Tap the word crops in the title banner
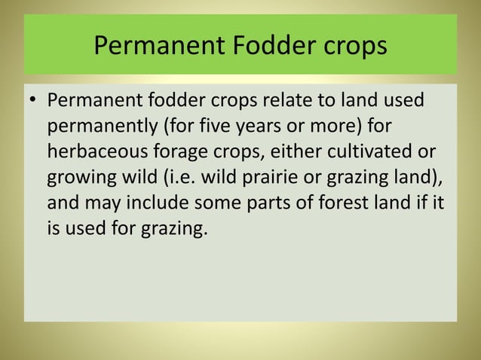click(352, 46)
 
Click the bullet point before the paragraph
click(34, 100)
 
